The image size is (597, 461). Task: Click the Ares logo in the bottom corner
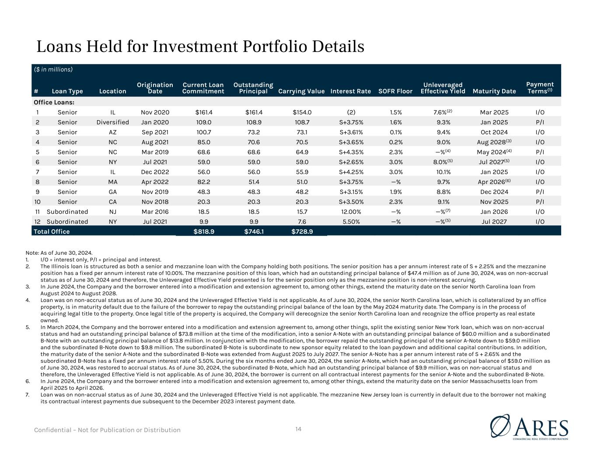coord(529,428)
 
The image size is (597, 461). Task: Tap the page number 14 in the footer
coord(298,429)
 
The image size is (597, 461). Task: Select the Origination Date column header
coord(155,88)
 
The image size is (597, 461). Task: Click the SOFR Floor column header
coord(395,91)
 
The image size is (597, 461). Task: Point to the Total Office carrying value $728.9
coord(302,232)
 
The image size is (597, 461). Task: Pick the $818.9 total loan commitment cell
coord(204,232)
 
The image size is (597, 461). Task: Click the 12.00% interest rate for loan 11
coord(351,211)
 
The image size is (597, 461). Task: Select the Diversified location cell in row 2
coord(113,122)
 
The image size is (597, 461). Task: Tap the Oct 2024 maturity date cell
coord(494,132)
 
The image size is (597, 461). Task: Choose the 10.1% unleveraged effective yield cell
coord(443,172)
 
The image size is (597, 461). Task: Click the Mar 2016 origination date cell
coord(155,211)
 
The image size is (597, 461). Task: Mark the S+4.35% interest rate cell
coord(351,152)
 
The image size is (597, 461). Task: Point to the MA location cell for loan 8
coord(113,182)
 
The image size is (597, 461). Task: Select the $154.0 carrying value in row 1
coord(302,112)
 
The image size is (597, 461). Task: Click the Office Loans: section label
coord(54,102)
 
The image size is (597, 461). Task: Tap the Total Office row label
coord(52,232)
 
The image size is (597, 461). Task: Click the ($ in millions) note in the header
coord(53,69)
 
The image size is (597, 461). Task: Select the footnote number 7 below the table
coord(27,395)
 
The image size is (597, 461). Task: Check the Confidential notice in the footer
coord(107,430)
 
